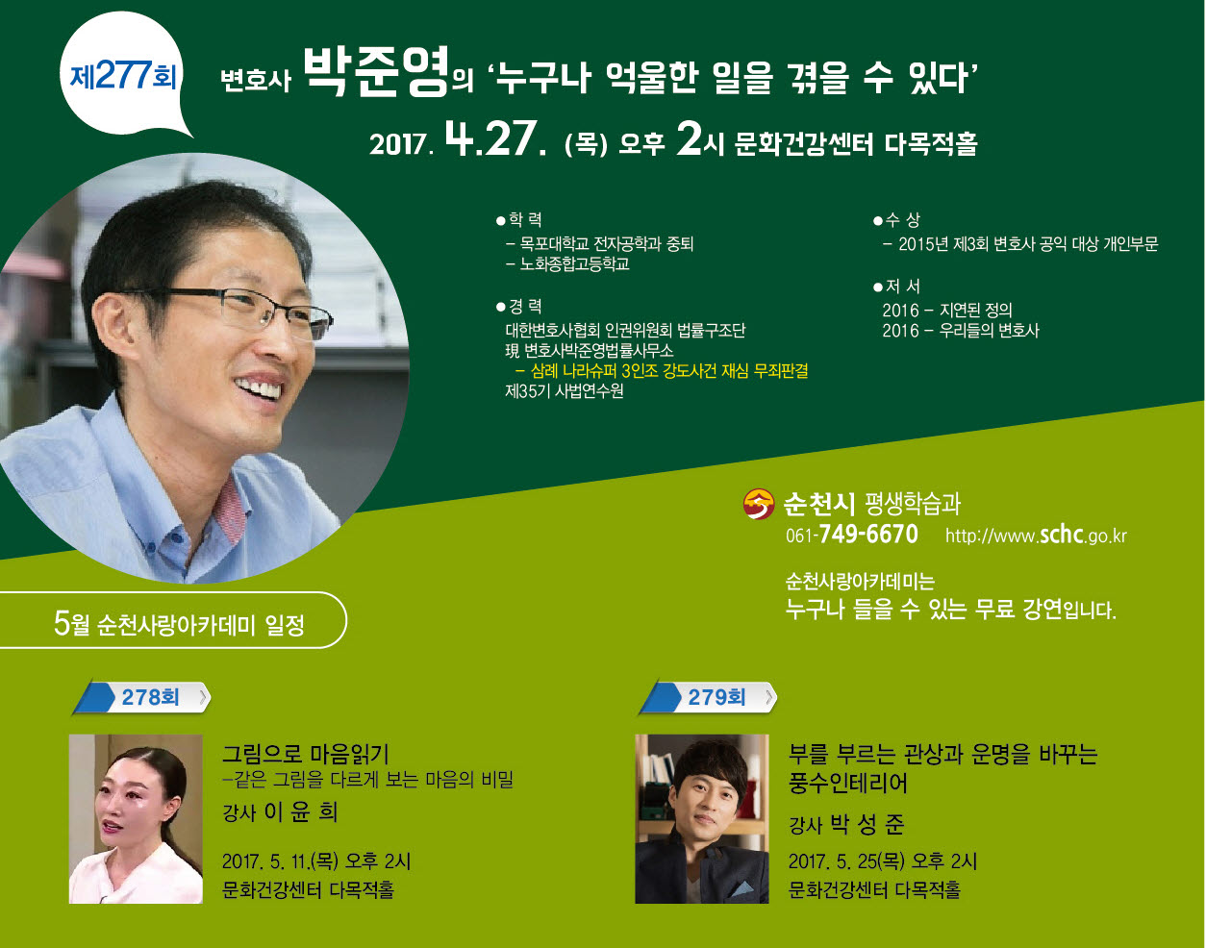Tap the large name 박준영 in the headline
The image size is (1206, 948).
click(x=376, y=72)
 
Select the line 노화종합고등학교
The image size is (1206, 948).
click(x=574, y=263)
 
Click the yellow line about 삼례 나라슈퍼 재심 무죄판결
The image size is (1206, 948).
click(x=662, y=371)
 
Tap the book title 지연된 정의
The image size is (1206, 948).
click(x=976, y=310)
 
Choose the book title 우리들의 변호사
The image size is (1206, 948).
click(x=989, y=331)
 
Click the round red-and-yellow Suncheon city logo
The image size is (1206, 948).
click(x=758, y=504)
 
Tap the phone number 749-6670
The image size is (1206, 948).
click(x=868, y=534)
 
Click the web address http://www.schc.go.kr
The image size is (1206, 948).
click(x=1036, y=536)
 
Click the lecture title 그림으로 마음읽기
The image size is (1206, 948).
click(x=306, y=754)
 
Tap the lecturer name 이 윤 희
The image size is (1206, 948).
click(x=300, y=811)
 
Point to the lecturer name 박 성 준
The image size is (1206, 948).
click(x=867, y=824)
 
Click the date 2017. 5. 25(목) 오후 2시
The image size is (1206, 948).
click(x=883, y=861)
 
